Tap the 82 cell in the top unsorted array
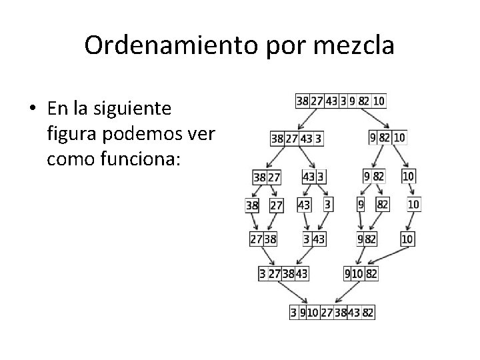tap(363, 101)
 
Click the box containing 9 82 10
tap(387, 138)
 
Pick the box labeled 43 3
tap(313, 177)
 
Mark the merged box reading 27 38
tap(264, 239)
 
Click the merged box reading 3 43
tap(314, 239)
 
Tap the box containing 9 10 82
tap(361, 273)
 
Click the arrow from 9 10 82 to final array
tap(347, 293)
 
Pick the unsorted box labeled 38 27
tap(267, 177)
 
